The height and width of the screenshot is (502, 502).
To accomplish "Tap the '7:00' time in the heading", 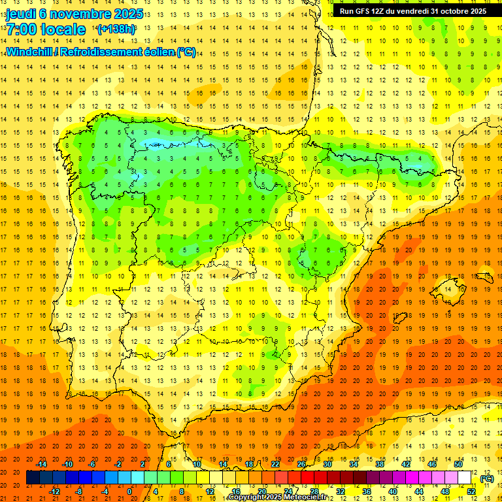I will [x=21, y=29].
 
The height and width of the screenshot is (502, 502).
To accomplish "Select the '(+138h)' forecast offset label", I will [x=116, y=29].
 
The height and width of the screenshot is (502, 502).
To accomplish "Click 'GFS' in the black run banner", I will [x=365, y=11].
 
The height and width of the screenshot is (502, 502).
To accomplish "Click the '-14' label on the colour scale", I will [x=42, y=464].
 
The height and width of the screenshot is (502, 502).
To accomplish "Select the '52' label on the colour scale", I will [x=471, y=492].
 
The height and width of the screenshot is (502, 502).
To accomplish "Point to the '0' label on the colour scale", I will [x=129, y=492].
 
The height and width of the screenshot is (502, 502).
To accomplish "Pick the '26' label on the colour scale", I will [x=301, y=464].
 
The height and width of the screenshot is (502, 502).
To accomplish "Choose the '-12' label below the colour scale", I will [x=56, y=492].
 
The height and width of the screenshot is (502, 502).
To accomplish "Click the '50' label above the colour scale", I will [x=458, y=464].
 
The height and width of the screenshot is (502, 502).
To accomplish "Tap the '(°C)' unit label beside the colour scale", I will [x=486, y=478].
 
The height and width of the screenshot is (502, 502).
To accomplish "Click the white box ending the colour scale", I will [x=471, y=478].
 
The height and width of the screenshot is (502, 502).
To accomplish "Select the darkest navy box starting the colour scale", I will [x=33, y=478].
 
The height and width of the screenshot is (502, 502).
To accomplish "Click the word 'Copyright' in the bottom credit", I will [x=246, y=497].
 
